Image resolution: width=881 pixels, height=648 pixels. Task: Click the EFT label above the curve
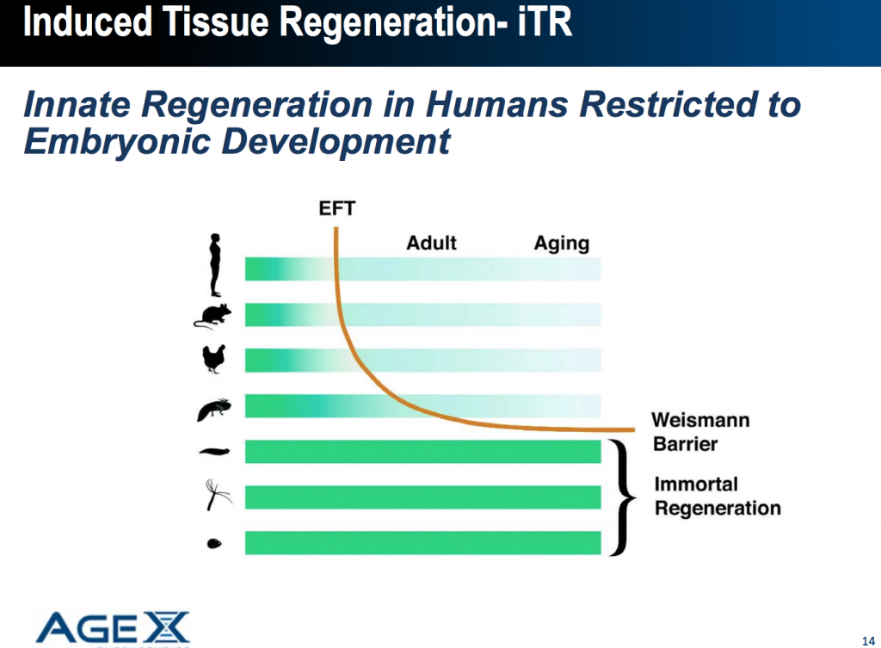point(337,209)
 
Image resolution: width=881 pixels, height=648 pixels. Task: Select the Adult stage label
point(431,243)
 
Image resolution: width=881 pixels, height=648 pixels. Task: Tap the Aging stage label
point(561,243)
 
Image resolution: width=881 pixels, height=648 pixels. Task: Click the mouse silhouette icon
point(213,316)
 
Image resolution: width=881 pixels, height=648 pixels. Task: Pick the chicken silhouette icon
point(213,359)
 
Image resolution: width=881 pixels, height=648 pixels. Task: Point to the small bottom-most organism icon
point(214,544)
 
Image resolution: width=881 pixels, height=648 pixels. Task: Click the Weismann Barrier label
point(699,432)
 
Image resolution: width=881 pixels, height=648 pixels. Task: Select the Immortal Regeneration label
point(717,497)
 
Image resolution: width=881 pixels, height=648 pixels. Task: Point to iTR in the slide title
point(543,22)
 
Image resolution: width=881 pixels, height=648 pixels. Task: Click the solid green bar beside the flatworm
point(422,451)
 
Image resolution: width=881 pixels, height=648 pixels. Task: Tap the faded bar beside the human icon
point(422,268)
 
